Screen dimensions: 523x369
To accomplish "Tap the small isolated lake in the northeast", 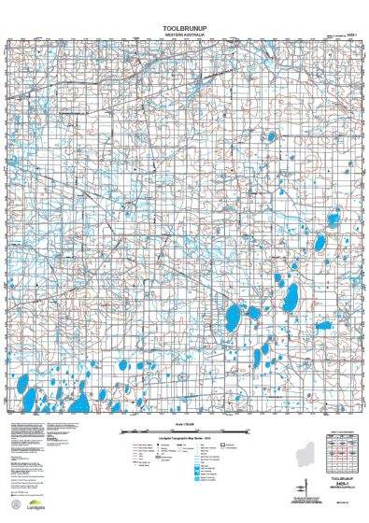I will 271,137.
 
